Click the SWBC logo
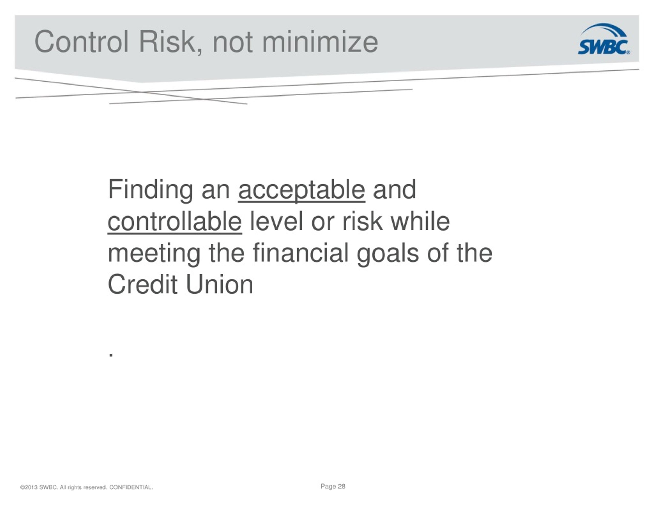[x=604, y=39]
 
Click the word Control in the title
[x=81, y=42]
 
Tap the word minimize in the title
[x=320, y=42]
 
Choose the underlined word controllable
[x=174, y=222]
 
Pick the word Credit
[x=142, y=285]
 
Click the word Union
[x=219, y=285]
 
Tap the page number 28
[x=341, y=486]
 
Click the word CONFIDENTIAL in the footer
[x=131, y=487]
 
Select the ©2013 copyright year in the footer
[x=29, y=487]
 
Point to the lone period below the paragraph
[x=111, y=355]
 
